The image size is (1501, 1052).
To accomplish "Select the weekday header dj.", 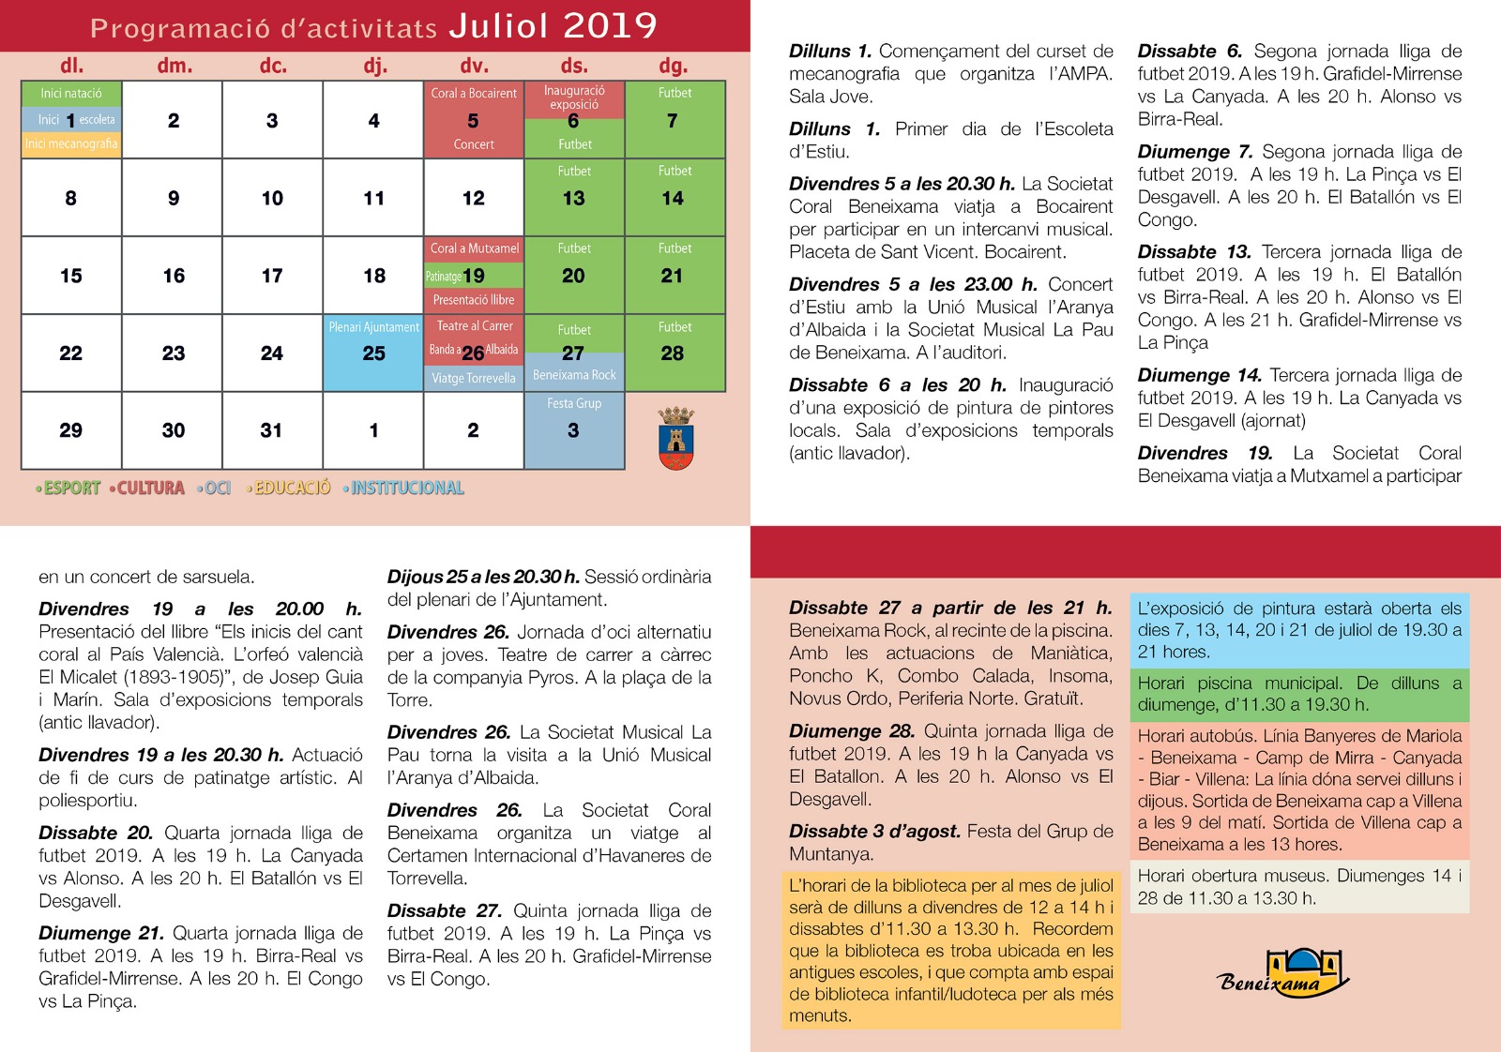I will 375,66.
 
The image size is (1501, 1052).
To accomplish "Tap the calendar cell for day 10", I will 272,198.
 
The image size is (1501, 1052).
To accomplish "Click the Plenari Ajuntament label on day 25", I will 373,327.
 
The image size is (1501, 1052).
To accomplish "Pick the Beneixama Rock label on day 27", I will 574,375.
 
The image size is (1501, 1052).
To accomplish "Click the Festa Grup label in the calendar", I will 574,403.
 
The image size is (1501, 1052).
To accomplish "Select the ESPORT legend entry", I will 68,488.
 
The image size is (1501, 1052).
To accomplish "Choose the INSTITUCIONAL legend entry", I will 404,488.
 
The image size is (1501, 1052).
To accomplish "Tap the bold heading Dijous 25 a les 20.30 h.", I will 483,577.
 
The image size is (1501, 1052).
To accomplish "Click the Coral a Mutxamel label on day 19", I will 474,248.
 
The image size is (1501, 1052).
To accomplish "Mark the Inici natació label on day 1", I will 71,93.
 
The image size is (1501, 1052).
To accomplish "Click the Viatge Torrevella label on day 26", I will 474,378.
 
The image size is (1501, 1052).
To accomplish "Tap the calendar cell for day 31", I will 272,430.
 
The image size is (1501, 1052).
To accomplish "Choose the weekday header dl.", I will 72,66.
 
